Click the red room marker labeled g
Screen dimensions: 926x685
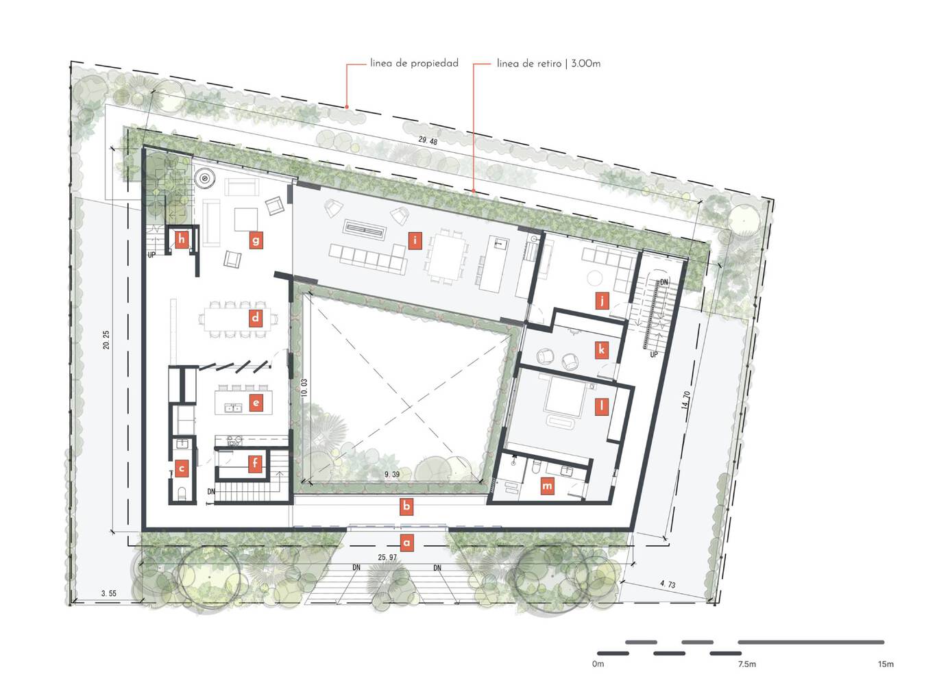coord(256,240)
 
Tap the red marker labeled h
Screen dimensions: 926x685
coord(181,240)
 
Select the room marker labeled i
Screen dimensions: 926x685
coord(415,241)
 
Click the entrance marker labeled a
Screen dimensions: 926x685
coord(406,543)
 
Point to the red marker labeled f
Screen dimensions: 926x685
coord(255,463)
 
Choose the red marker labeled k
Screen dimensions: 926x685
coord(601,350)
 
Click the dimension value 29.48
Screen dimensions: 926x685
coord(428,141)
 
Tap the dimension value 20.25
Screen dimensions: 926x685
coord(106,340)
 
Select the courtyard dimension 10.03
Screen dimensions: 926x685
coord(304,388)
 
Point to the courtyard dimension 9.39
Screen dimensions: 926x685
coord(391,474)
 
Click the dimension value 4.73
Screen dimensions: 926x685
coord(668,584)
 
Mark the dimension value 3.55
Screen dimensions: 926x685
coord(109,593)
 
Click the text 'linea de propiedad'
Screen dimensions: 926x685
coord(414,64)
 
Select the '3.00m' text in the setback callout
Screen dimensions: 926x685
coord(586,64)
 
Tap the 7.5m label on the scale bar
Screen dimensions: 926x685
coord(746,664)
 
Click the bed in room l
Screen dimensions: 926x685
coord(564,396)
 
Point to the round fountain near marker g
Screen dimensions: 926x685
coord(204,179)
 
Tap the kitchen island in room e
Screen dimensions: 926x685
coord(244,401)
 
